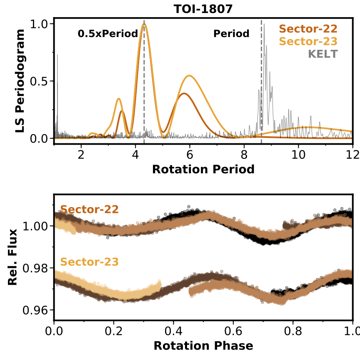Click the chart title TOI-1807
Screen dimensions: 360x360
click(203, 9)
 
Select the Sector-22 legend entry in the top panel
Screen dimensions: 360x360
click(308, 29)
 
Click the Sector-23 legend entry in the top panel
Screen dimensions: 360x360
click(308, 41)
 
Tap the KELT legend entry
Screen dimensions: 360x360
click(322, 54)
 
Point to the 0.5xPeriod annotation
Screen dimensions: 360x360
click(107, 34)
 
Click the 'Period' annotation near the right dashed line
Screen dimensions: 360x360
click(231, 34)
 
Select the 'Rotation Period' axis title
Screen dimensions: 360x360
click(203, 170)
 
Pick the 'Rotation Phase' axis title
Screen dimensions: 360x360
click(203, 346)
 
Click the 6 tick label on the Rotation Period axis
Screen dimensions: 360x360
click(190, 155)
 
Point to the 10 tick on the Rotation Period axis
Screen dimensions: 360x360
click(298, 155)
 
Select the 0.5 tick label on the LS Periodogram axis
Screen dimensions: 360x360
click(40, 81)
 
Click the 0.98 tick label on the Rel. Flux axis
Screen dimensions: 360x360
click(36, 268)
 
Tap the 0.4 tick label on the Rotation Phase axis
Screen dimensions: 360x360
click(173, 331)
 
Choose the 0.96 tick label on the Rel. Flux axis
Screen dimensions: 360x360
click(36, 310)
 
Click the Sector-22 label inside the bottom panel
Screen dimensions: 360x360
click(90, 209)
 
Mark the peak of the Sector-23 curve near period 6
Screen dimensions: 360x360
click(190, 75)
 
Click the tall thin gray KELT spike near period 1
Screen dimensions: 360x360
click(57, 55)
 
